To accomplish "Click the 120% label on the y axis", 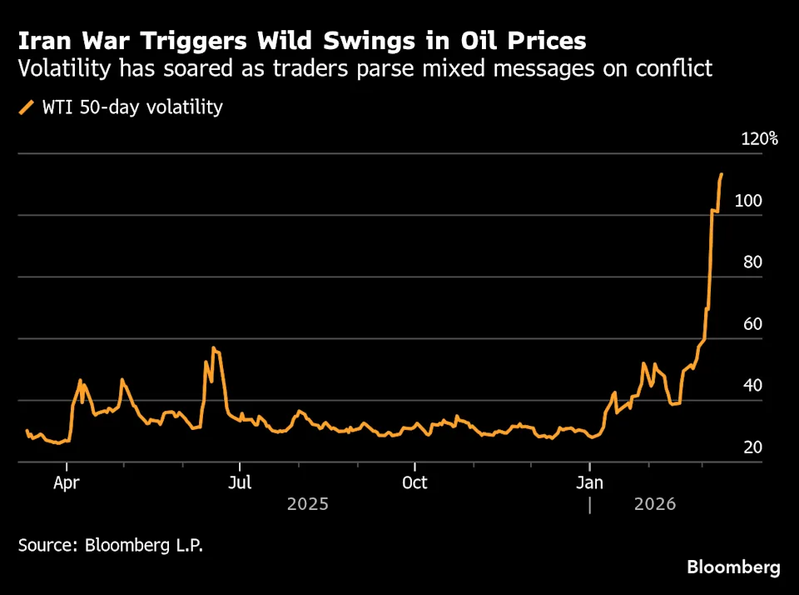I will [759, 138].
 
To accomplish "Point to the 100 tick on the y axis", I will [747, 201].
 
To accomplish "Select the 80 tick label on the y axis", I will [752, 262].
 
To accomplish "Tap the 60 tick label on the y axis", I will [752, 324].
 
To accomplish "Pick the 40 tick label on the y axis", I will [752, 386].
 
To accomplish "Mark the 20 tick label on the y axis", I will [752, 447].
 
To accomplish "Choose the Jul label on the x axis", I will [240, 482].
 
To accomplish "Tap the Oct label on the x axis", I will [414, 482].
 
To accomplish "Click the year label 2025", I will [307, 504].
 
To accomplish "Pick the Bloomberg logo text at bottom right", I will [733, 567].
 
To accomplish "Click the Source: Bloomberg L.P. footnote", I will [110, 546].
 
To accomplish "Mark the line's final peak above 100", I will [722, 174].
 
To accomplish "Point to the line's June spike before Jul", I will [214, 347].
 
